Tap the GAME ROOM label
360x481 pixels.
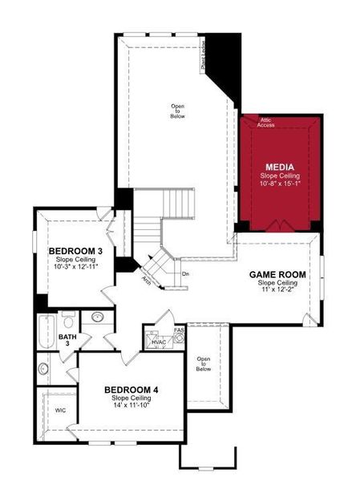point(277,274)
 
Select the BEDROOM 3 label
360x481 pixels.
point(75,251)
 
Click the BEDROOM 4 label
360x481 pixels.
point(131,390)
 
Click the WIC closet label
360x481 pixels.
point(60,410)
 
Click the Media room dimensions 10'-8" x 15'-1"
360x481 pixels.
point(280,185)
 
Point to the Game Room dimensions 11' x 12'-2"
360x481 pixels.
point(277,290)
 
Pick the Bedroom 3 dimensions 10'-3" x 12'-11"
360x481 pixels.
point(75,267)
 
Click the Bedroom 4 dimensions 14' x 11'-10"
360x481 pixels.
point(131,405)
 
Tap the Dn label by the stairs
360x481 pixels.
point(185,274)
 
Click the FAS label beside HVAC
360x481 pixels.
point(179,329)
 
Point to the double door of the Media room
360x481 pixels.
point(277,225)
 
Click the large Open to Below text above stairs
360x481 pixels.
point(178,111)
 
